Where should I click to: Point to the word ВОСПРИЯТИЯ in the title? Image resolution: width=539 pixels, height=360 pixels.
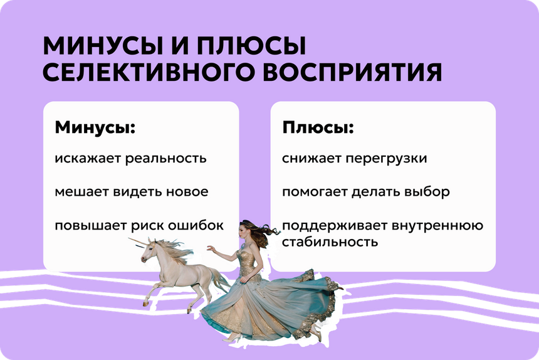tap(352, 72)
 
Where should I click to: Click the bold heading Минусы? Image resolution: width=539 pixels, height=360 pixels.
tap(95, 127)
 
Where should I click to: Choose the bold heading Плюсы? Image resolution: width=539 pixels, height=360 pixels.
tap(318, 127)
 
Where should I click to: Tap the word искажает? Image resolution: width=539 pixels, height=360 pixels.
tap(87, 159)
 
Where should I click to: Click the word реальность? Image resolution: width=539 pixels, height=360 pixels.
tap(165, 159)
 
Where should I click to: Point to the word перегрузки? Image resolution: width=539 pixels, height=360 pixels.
tap(386, 159)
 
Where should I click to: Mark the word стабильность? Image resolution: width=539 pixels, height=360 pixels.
tap(330, 241)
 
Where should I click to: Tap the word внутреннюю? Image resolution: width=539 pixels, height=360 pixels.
tap(437, 226)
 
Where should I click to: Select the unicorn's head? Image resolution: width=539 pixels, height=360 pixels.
tap(149, 251)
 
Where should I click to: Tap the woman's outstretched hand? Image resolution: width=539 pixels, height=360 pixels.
tap(211, 248)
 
